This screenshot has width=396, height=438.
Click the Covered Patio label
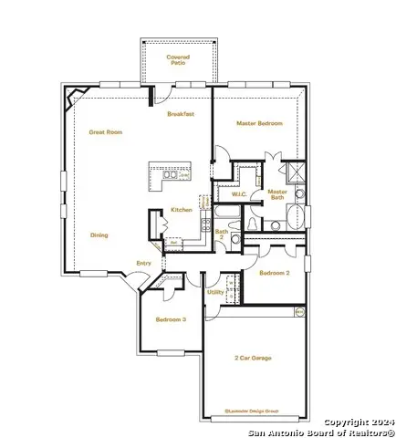pyautogui.click(x=177, y=59)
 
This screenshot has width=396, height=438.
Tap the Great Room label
pyautogui.click(x=106, y=131)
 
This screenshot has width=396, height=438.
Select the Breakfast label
pyautogui.click(x=181, y=115)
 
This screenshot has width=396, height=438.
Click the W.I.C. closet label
pyautogui.click(x=239, y=193)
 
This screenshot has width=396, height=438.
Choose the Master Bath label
pyautogui.click(x=277, y=194)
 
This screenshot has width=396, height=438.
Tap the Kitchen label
pyautogui.click(x=182, y=210)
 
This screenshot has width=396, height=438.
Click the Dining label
pyautogui.click(x=99, y=235)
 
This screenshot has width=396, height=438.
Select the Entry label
pyautogui.click(x=143, y=264)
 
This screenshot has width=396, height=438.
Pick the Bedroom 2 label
pyautogui.click(x=274, y=273)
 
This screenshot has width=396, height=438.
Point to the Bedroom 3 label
pyautogui.click(x=171, y=319)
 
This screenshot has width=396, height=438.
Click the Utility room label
pyautogui.click(x=214, y=292)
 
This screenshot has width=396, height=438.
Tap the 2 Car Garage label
pyautogui.click(x=253, y=359)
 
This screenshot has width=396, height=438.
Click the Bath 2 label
pyautogui.click(x=221, y=234)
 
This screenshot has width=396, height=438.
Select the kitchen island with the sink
pyautogui.click(x=172, y=175)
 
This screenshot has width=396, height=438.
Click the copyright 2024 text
pyautogui.click(x=360, y=422)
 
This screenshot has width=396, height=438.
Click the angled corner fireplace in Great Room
pyautogui.click(x=75, y=95)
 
